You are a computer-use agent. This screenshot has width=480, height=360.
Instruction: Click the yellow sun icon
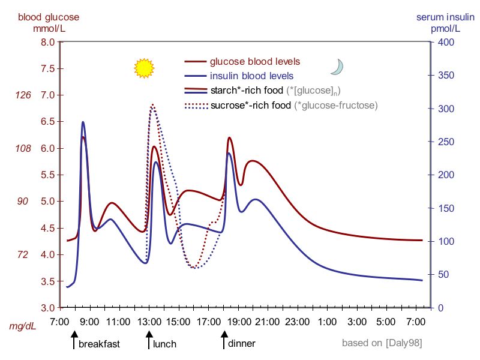tap(144, 68)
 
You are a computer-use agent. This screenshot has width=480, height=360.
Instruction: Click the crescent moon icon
tap(337, 67)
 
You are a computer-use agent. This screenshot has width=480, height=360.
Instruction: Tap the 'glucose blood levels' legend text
tap(254, 61)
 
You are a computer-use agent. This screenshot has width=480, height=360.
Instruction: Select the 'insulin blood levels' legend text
tap(251, 76)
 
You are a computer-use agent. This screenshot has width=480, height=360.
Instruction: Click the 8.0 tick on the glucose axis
tap(48, 42)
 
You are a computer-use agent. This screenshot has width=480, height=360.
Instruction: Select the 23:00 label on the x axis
tap(298, 322)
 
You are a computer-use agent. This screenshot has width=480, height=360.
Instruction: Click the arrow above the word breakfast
tap(74, 341)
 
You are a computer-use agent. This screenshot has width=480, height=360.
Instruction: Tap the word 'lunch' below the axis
tap(164, 344)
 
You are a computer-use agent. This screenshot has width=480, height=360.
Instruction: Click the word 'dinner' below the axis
tap(242, 344)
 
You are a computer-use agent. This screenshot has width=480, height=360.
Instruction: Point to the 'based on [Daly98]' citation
tap(382, 343)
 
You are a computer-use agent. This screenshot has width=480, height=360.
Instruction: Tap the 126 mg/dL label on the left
tap(22, 95)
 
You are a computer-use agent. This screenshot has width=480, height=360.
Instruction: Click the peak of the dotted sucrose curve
tap(152, 104)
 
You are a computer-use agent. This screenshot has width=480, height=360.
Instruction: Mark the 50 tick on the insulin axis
tap(443, 274)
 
